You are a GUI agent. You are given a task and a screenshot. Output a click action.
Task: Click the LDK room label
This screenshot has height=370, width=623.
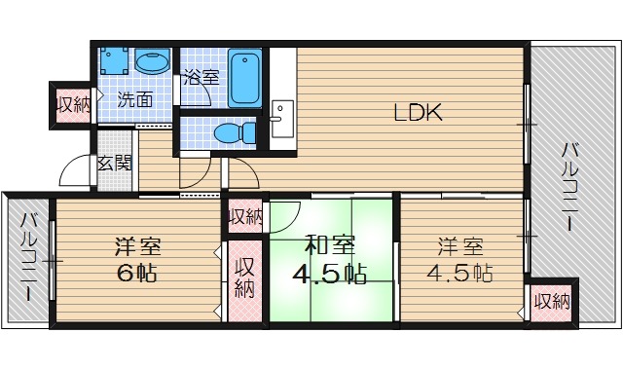tap(419, 113)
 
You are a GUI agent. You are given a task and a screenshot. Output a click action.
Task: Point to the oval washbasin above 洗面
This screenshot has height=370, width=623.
tap(151, 64)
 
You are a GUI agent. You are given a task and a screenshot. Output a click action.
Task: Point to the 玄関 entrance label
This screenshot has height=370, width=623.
tap(114, 163)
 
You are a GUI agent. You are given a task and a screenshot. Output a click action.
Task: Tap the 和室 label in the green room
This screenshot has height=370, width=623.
tap(330, 244)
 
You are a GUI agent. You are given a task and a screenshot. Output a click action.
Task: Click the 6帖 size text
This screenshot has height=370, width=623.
tap(136, 274)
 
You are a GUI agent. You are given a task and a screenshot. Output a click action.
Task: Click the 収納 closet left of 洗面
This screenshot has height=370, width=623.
tap(72, 104)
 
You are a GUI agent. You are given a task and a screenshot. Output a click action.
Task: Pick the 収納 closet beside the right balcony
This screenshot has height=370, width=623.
tap(551, 301)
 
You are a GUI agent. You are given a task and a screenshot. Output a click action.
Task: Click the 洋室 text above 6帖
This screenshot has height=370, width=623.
tap(136, 245)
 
